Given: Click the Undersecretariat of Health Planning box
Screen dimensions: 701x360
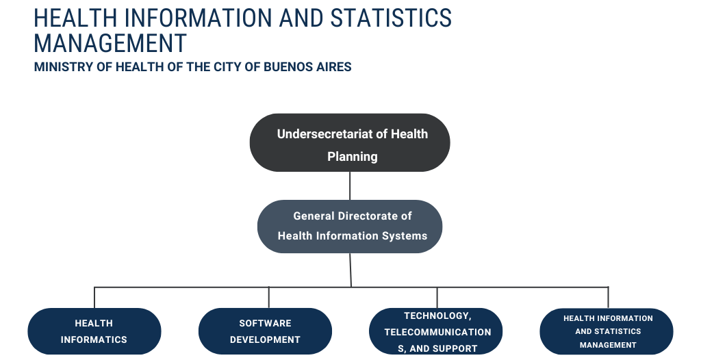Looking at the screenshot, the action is (x=350, y=142).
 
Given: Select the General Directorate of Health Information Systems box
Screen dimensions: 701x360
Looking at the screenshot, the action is (x=350, y=227).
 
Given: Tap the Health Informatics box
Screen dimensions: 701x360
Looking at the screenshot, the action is (x=94, y=331).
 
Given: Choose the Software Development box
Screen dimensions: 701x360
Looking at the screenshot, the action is (x=265, y=331).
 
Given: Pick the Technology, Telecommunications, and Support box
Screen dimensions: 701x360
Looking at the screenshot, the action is (x=436, y=331).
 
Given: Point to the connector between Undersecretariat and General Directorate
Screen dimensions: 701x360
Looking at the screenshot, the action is (x=350, y=185).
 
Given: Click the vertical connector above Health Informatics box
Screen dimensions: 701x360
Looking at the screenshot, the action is (x=94, y=298).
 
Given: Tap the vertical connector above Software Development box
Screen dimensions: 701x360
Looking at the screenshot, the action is (x=268, y=298).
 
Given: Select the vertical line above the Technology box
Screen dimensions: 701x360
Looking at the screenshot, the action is (x=437, y=298).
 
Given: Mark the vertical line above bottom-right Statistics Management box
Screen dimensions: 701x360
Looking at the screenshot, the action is (x=608, y=298).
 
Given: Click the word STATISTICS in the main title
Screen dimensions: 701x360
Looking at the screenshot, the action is (x=391, y=18).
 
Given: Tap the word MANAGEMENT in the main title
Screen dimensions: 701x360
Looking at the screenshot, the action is (x=110, y=43).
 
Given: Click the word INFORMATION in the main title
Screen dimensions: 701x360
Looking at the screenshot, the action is (x=198, y=18).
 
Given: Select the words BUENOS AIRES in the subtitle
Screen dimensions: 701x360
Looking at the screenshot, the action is (x=307, y=67).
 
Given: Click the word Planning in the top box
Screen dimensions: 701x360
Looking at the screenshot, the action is (x=353, y=157).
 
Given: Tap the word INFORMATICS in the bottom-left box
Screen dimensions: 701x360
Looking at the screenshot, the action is (x=94, y=340).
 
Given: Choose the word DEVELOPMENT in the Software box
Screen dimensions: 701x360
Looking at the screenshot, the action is (x=265, y=340).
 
